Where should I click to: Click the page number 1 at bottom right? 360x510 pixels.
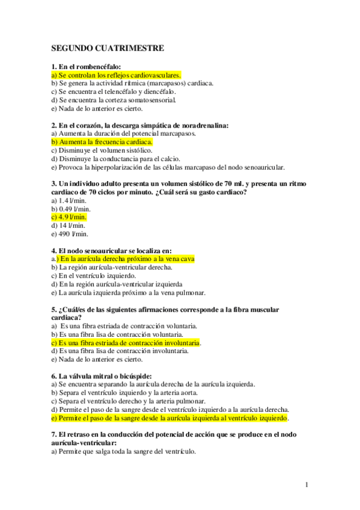pyautogui.click(x=307, y=484)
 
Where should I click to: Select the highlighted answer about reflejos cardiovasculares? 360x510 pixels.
pyautogui.click(x=117, y=75)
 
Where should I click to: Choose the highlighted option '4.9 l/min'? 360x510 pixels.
pyautogui.click(x=69, y=217)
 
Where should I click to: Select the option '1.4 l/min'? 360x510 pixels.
pyautogui.click(x=69, y=200)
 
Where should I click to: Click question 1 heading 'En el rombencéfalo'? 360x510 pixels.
pyautogui.click(x=87, y=67)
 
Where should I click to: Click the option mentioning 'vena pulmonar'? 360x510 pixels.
pyautogui.click(x=129, y=292)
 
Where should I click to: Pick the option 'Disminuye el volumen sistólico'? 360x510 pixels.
pyautogui.click(x=102, y=150)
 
